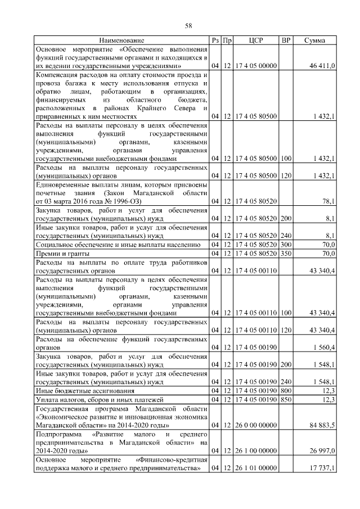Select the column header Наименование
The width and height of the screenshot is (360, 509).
pyautogui.click(x=121, y=40)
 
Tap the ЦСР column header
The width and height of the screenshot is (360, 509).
pyautogui.click(x=256, y=40)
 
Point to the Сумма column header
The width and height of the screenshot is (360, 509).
pyautogui.click(x=317, y=40)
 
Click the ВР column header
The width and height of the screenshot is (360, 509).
pyautogui.click(x=286, y=40)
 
